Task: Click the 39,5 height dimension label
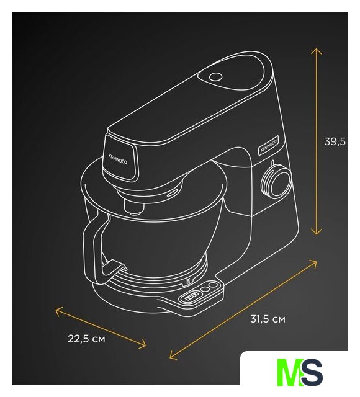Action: pos(335,142)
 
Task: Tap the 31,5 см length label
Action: pos(268,319)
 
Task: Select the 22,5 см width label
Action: pos(86,339)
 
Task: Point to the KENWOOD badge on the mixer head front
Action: pos(118,159)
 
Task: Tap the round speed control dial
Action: pos(276,181)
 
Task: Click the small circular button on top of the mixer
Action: pos(215,77)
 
